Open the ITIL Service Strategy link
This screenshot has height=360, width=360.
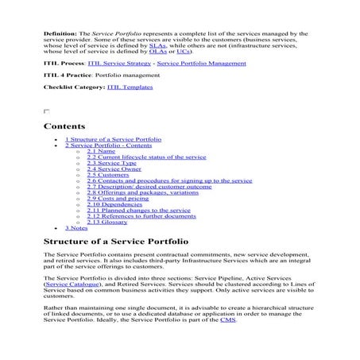point(119,62)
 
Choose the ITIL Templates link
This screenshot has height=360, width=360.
point(130,86)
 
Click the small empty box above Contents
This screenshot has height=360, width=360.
point(46,112)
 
